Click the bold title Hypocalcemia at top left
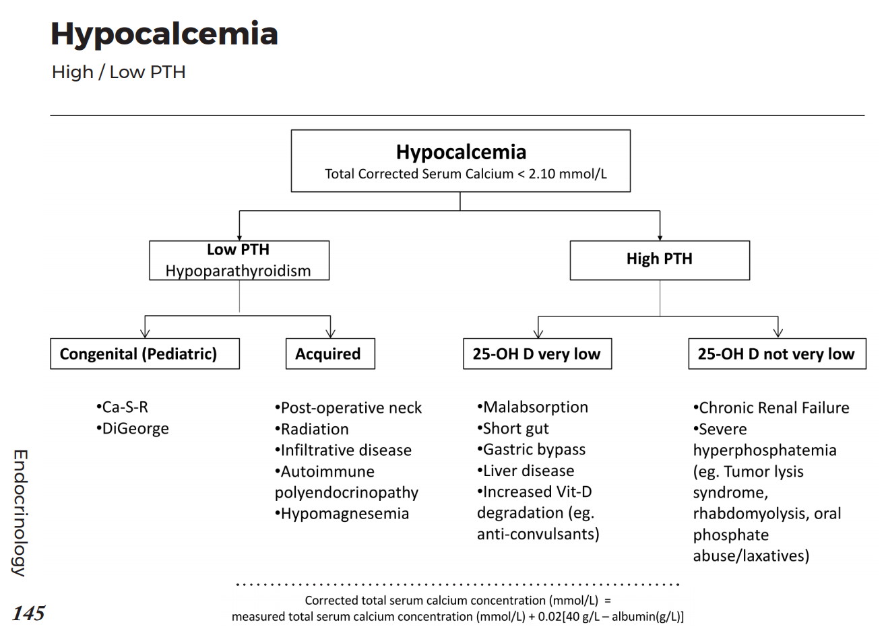click(164, 34)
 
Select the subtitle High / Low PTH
click(119, 72)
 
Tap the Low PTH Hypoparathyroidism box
click(239, 261)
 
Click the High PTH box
click(659, 260)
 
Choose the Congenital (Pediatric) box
click(144, 354)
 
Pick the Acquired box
click(329, 354)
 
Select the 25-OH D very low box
click(537, 354)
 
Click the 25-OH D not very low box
click(776, 354)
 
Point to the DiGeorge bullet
click(133, 429)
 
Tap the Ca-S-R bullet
click(123, 407)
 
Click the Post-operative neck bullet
click(348, 408)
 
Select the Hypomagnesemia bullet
click(342, 514)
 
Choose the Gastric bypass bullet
click(532, 450)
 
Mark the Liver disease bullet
click(526, 471)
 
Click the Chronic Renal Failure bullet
click(771, 408)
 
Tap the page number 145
click(28, 613)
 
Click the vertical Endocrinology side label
click(20, 513)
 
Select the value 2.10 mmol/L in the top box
click(567, 174)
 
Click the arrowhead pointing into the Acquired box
click(330, 333)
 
